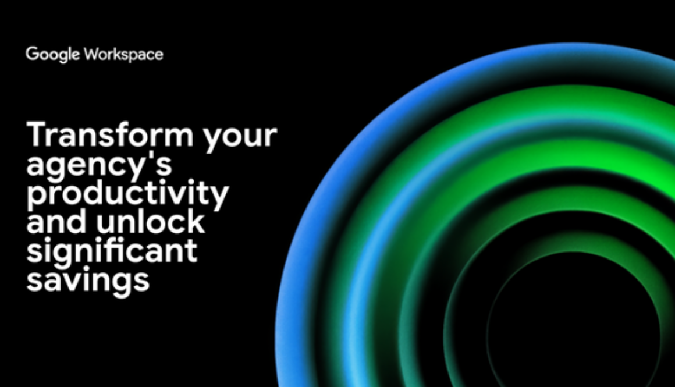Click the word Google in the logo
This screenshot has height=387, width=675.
[53, 55]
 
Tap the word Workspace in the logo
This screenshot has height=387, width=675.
[123, 55]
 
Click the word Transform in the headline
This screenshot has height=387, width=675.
[110, 134]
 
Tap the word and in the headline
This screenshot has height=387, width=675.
[56, 221]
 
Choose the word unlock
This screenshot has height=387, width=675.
[150, 221]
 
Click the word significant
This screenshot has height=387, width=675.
[112, 251]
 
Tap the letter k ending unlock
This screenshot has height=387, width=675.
[196, 221]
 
